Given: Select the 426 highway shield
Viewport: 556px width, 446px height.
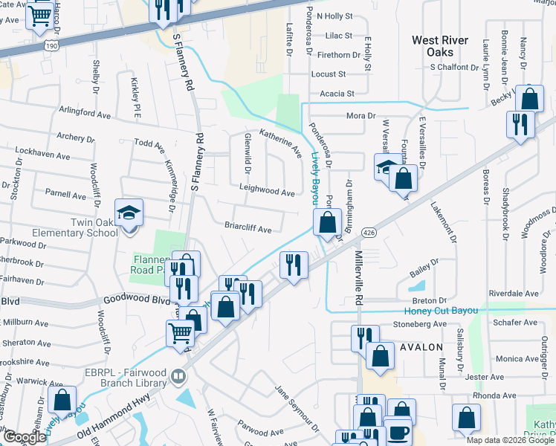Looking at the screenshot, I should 368,233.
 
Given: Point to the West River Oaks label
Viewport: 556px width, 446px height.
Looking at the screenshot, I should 441,45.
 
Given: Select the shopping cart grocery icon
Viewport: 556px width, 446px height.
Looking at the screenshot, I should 180,335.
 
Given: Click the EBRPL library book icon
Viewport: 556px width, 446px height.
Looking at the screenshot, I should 178,377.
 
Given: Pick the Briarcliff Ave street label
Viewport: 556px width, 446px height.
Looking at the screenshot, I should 248,230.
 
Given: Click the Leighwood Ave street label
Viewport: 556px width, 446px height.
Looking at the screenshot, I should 267,192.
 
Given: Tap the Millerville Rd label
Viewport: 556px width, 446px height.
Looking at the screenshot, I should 358,277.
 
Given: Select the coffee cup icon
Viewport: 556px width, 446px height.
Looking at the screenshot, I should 396,433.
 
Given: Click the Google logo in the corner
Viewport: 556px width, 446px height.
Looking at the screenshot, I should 25,437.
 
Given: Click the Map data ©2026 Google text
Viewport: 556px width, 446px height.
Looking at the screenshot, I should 509,439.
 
